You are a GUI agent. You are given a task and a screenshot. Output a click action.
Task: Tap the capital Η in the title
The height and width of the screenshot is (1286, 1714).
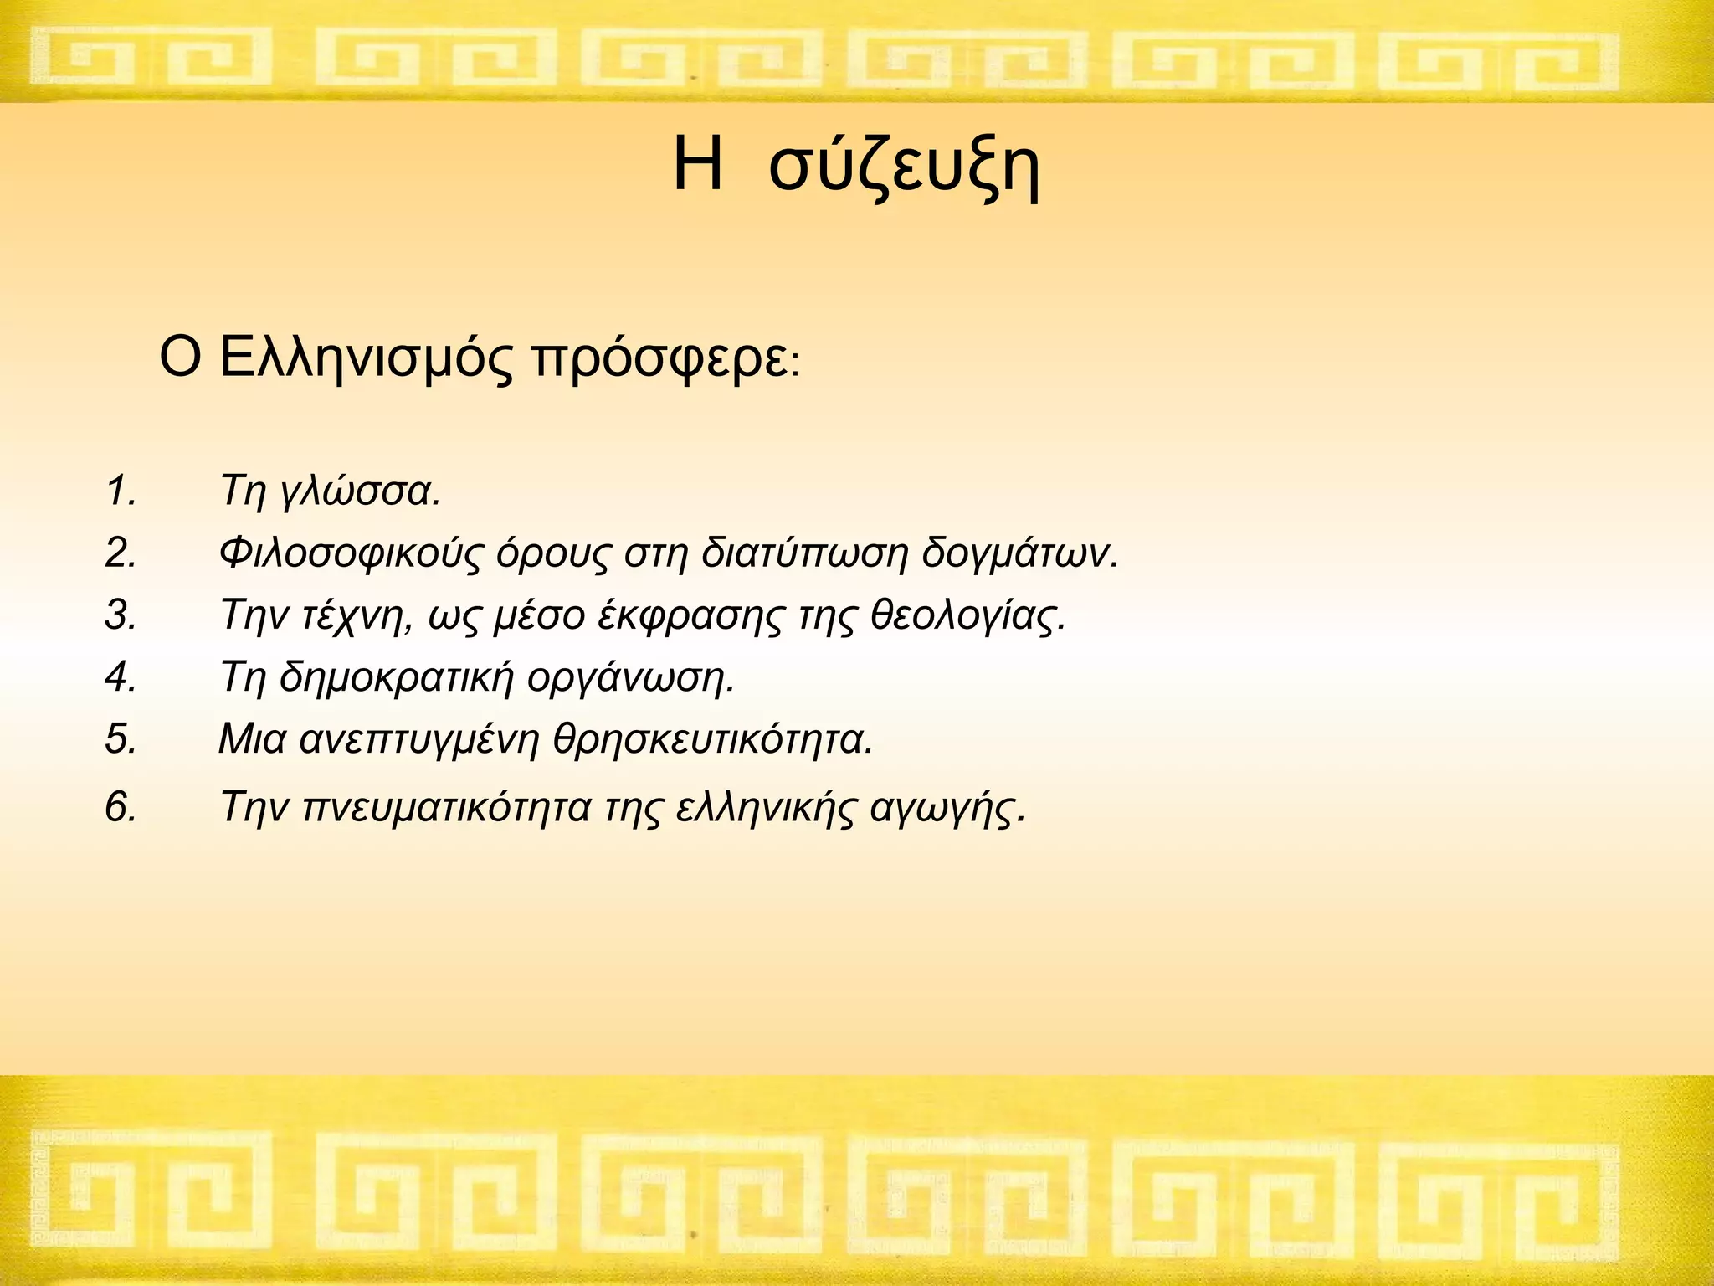click(697, 165)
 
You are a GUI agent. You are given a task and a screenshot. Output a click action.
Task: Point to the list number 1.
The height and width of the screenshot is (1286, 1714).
click(121, 491)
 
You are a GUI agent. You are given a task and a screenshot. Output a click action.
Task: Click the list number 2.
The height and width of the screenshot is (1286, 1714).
click(121, 553)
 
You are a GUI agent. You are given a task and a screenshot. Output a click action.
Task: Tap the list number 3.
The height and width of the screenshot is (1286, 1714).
click(121, 615)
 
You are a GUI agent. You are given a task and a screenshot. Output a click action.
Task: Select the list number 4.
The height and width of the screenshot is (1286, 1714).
click(121, 676)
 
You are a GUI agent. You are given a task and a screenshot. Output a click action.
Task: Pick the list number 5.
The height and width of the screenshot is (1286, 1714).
click(121, 738)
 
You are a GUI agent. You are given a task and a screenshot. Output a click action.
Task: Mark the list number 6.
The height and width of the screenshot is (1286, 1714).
click(121, 807)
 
